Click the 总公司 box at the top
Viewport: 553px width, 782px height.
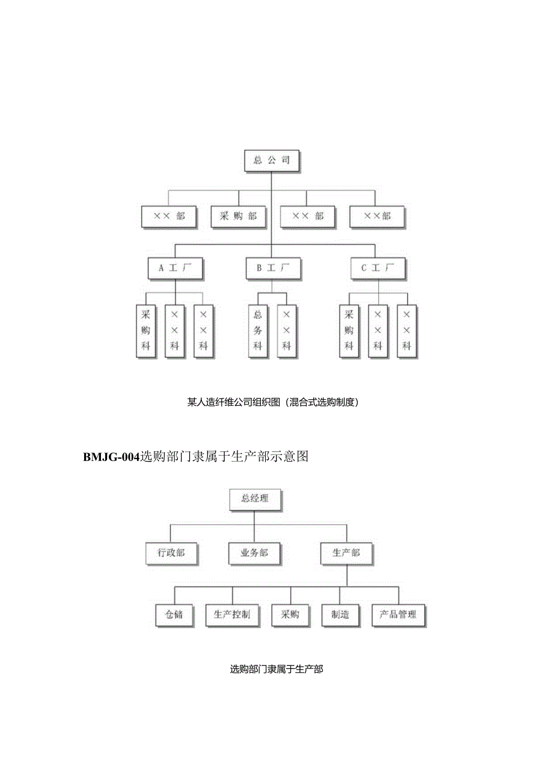click(x=271, y=160)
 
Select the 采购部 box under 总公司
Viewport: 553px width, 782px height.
click(x=238, y=216)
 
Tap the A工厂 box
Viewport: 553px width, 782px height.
click(x=175, y=268)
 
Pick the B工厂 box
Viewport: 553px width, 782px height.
click(x=272, y=268)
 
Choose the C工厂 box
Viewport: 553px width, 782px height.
click(x=377, y=268)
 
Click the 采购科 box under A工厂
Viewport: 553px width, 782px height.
click(x=145, y=331)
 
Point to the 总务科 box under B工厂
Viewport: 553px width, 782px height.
click(x=257, y=331)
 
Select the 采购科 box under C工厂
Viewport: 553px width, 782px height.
click(x=349, y=331)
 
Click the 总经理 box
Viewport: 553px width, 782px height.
click(x=254, y=498)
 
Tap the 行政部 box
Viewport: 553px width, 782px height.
click(x=171, y=553)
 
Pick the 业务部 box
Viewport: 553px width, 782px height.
click(x=254, y=553)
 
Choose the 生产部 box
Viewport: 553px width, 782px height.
click(x=346, y=553)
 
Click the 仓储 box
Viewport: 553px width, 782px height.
click(x=174, y=615)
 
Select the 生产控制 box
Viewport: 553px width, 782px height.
click(x=232, y=615)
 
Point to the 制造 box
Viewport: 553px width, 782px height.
click(x=340, y=615)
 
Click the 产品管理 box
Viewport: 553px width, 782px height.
click(x=398, y=615)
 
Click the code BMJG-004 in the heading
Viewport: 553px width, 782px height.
click(x=111, y=457)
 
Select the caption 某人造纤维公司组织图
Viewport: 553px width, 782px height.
click(x=234, y=403)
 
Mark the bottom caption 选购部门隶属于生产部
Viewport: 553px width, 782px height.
click(x=276, y=668)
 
